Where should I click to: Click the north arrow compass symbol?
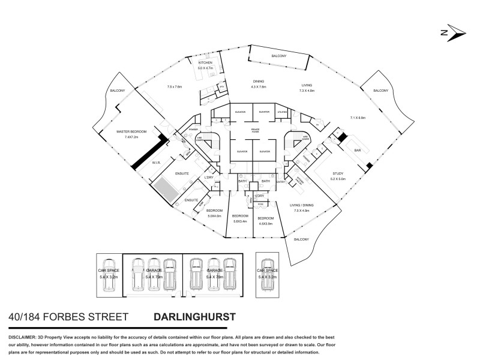click(x=451, y=34)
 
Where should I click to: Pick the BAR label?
click(x=358, y=150)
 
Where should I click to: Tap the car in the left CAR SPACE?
click(x=109, y=274)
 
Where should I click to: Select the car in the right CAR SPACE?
click(x=268, y=274)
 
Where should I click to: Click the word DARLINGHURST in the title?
click(x=194, y=316)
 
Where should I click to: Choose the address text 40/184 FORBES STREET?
click(x=68, y=316)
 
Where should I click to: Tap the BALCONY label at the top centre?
click(x=278, y=56)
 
